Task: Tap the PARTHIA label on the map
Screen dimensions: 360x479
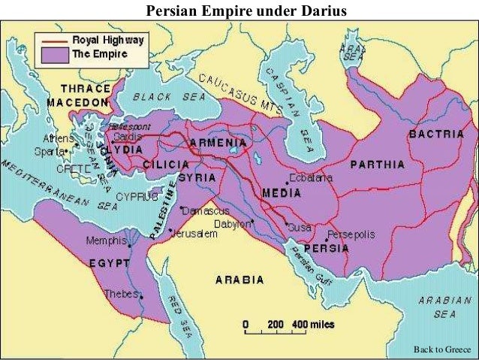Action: (x=376, y=164)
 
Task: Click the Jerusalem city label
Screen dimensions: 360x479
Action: (x=194, y=234)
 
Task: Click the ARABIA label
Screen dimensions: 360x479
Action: (x=239, y=280)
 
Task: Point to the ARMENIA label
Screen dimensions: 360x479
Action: (x=217, y=142)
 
